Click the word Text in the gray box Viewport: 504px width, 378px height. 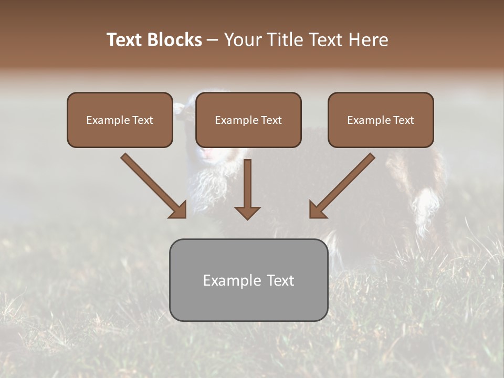pyautogui.click(x=280, y=280)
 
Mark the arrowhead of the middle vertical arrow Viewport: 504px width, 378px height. pyautogui.click(x=247, y=213)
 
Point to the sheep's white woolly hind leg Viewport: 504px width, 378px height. pyautogui.click(x=425, y=210)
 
